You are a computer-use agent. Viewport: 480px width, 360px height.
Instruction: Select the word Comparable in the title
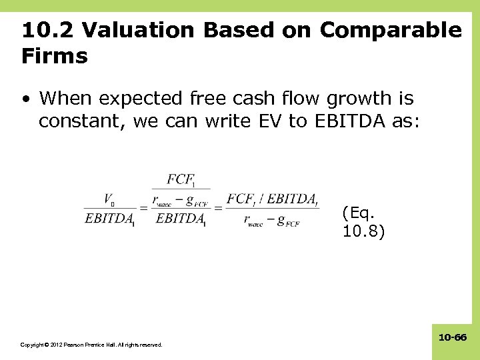click(x=390, y=30)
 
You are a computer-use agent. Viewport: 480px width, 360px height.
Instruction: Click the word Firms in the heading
click(x=55, y=56)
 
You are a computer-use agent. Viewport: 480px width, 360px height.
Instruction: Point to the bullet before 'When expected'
click(x=25, y=99)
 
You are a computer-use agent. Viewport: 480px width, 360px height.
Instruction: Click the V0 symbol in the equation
click(x=109, y=199)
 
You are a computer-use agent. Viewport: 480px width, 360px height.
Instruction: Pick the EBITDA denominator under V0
click(x=109, y=219)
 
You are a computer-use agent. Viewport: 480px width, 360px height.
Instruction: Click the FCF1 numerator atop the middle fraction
click(x=180, y=179)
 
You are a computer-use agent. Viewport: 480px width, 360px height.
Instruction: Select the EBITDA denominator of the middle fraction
click(x=180, y=219)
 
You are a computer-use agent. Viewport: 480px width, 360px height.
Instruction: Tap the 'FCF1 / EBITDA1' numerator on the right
click(x=272, y=199)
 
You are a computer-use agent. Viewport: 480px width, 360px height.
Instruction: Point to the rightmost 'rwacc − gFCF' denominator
click(x=272, y=220)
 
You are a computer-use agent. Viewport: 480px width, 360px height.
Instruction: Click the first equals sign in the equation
click(x=143, y=209)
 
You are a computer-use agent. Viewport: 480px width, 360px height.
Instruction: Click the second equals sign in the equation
click(x=217, y=209)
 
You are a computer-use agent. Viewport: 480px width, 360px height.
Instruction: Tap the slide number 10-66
click(x=452, y=338)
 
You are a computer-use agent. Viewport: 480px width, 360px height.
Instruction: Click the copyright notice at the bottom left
click(x=91, y=345)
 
